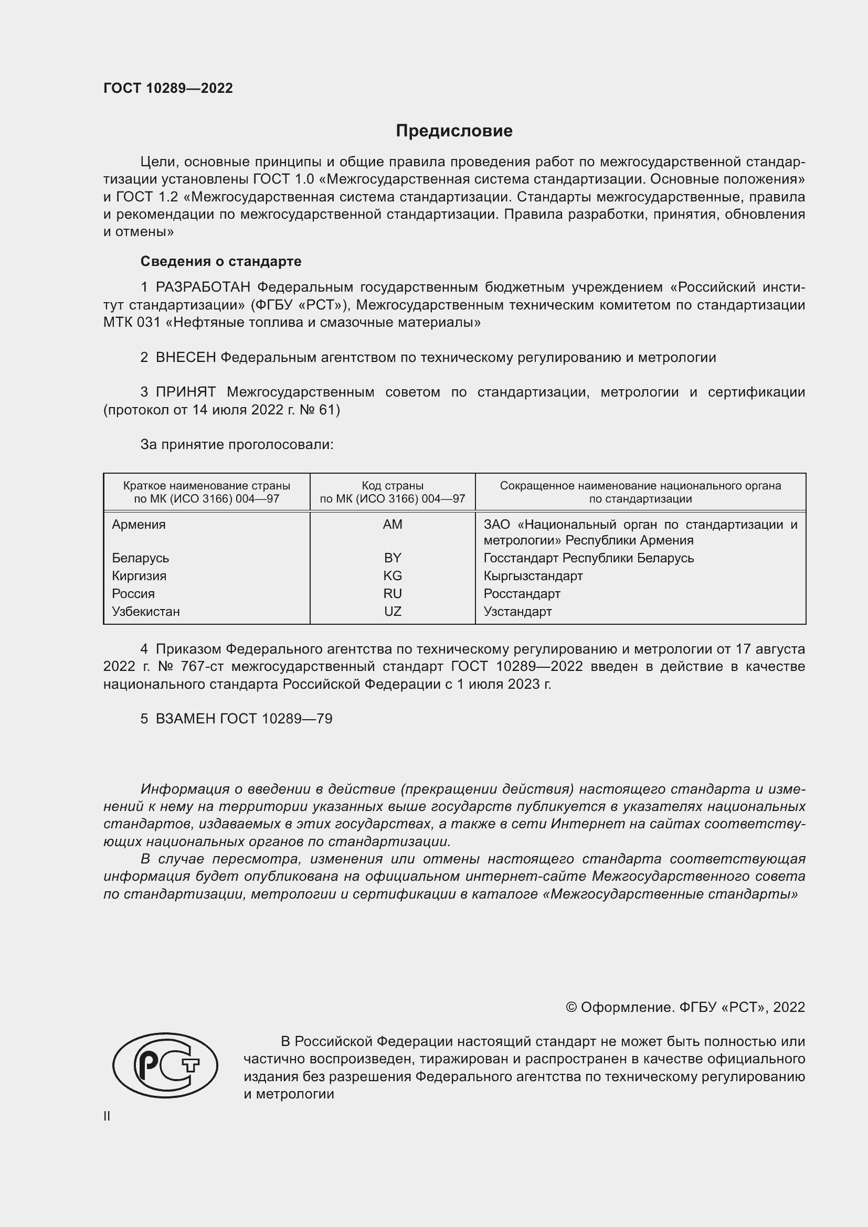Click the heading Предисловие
click(x=454, y=131)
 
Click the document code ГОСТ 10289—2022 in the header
click(x=168, y=88)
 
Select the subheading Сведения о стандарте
click(x=221, y=261)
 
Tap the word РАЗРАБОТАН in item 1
click(x=203, y=287)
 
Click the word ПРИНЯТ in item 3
click(x=185, y=392)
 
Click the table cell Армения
click(x=139, y=525)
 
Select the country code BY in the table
click(x=393, y=558)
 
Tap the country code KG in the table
click(x=393, y=576)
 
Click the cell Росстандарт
click(x=522, y=594)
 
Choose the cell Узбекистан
click(x=146, y=611)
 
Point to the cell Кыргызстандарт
click(x=533, y=576)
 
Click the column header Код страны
click(x=393, y=486)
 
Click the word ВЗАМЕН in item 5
click(x=185, y=719)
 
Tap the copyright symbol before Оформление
click(x=571, y=1007)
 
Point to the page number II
click(x=107, y=1116)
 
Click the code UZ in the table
click(x=393, y=611)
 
